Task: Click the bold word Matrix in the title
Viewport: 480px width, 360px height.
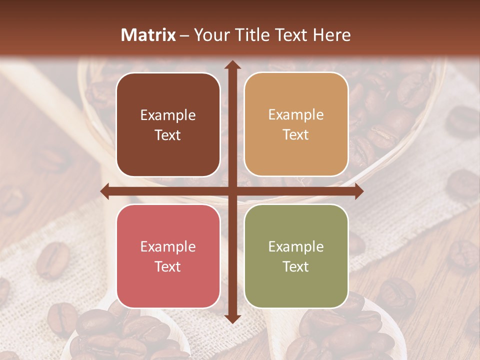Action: (148, 35)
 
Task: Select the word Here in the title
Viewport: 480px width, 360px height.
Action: (331, 35)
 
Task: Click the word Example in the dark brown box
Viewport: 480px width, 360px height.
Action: (168, 115)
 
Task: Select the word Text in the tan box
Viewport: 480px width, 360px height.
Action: (296, 135)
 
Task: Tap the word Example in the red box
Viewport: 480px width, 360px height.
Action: (168, 247)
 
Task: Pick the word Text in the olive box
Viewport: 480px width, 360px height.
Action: (296, 266)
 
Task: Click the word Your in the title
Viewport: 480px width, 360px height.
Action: (210, 35)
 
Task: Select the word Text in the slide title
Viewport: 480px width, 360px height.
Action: (289, 35)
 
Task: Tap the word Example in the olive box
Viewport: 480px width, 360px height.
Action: (296, 247)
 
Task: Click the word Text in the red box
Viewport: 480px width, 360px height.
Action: (168, 266)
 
